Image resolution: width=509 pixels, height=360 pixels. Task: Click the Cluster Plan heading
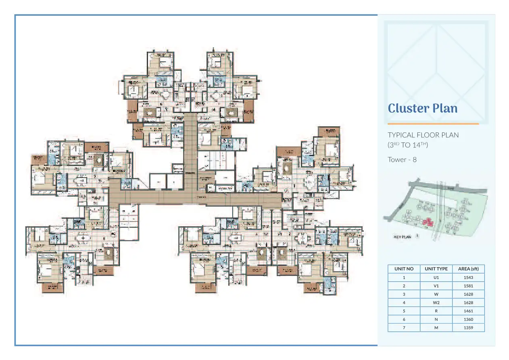point(422,108)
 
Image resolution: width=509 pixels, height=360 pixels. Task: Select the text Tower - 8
point(402,159)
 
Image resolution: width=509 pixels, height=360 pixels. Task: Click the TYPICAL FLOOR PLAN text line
point(423,135)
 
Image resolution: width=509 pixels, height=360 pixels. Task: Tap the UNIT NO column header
point(404,269)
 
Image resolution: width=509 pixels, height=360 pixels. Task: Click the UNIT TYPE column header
point(436,269)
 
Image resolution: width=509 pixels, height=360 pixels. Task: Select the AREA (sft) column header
point(468,269)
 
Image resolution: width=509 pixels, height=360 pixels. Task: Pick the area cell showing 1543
point(468,277)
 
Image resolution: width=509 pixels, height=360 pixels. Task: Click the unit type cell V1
point(436,286)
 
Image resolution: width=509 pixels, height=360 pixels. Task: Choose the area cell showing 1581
point(468,286)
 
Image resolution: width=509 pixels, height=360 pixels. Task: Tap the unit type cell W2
point(436,302)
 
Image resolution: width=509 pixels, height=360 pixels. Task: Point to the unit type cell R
point(436,311)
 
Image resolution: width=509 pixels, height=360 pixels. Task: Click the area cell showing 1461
point(468,311)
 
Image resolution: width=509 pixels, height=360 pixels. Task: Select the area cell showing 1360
point(468,319)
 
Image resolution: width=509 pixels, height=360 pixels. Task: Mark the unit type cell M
point(436,328)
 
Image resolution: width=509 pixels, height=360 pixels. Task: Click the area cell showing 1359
point(468,328)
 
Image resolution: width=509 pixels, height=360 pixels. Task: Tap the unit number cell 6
point(404,319)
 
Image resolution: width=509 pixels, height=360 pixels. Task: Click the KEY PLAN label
point(402,237)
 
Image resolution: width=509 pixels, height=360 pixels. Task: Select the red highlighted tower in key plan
point(427,222)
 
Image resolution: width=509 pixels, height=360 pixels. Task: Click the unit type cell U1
point(436,277)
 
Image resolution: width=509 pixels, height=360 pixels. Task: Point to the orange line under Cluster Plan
point(433,123)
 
